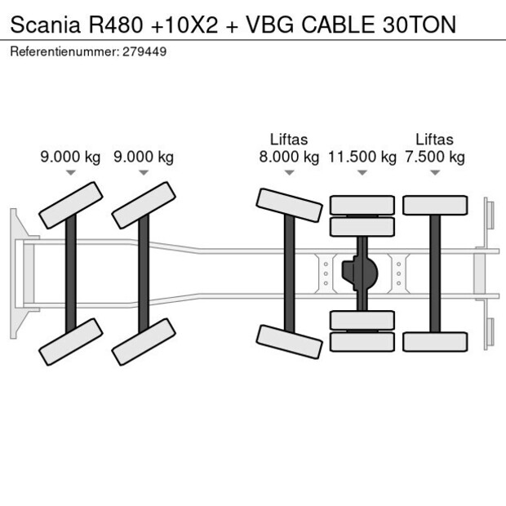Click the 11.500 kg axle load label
(362, 157)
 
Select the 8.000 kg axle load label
(289, 157)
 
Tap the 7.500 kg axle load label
(435, 157)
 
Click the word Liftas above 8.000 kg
(289, 140)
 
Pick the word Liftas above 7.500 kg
(435, 140)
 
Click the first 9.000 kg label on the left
(70, 157)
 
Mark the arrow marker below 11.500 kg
(362, 172)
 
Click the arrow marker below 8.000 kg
(289, 172)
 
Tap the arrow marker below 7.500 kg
(435, 172)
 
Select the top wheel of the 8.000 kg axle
(289, 206)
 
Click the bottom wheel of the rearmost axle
(435, 341)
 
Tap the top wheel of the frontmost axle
(72, 205)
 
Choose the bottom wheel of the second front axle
(144, 342)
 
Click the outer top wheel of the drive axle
(362, 204)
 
